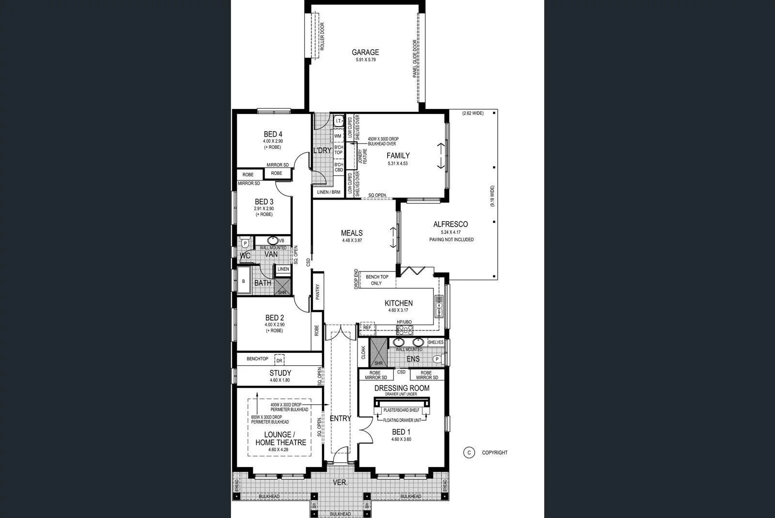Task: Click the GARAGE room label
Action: [x=365, y=52]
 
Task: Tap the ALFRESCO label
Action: [x=450, y=224]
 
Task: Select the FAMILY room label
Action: [x=398, y=156]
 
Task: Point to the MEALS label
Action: [x=352, y=233]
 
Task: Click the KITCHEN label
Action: [x=399, y=303]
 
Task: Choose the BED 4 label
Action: [x=273, y=134]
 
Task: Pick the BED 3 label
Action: [x=264, y=202]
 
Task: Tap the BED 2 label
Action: [x=275, y=318]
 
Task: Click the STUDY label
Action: [x=280, y=373]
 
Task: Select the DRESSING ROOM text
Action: [x=402, y=388]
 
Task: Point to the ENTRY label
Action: [x=340, y=419]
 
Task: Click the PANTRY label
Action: [x=318, y=292]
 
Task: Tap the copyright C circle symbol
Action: [x=468, y=453]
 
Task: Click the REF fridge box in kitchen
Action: [x=367, y=328]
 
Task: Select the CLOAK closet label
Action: [x=363, y=352]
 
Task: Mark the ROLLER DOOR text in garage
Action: [x=322, y=37]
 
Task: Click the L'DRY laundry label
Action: [x=322, y=151]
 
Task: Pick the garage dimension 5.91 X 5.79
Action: [x=365, y=60]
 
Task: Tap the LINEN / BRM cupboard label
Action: [x=329, y=192]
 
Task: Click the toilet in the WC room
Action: [x=245, y=243]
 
